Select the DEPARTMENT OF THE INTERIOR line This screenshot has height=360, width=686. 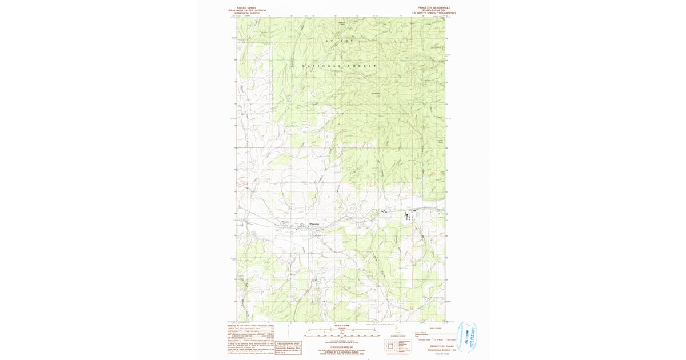[x=246, y=10]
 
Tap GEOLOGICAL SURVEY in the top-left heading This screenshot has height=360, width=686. [x=246, y=13]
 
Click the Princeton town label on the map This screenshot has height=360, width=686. [x=315, y=223]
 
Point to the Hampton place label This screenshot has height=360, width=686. [x=286, y=222]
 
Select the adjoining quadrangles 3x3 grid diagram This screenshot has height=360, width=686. [x=392, y=346]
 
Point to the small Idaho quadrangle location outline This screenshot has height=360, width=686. [x=397, y=332]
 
